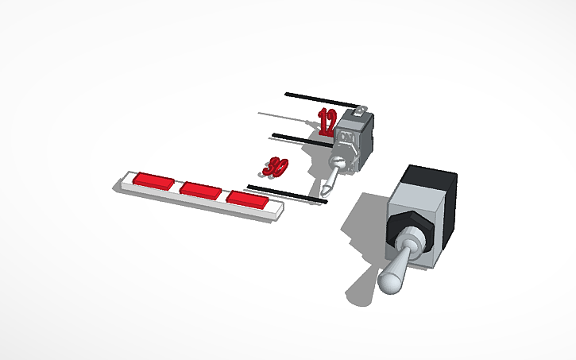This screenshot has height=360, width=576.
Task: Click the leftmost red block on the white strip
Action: [x=153, y=180]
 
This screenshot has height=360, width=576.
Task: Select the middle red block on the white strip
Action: [x=200, y=189]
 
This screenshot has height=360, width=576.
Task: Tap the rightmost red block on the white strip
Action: [x=248, y=199]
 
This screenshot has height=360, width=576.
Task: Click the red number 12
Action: [x=327, y=122]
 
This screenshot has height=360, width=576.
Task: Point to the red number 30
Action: [x=276, y=167]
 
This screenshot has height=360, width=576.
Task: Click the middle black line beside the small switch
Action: [x=302, y=139]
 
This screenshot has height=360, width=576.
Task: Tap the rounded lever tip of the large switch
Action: [x=390, y=281]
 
